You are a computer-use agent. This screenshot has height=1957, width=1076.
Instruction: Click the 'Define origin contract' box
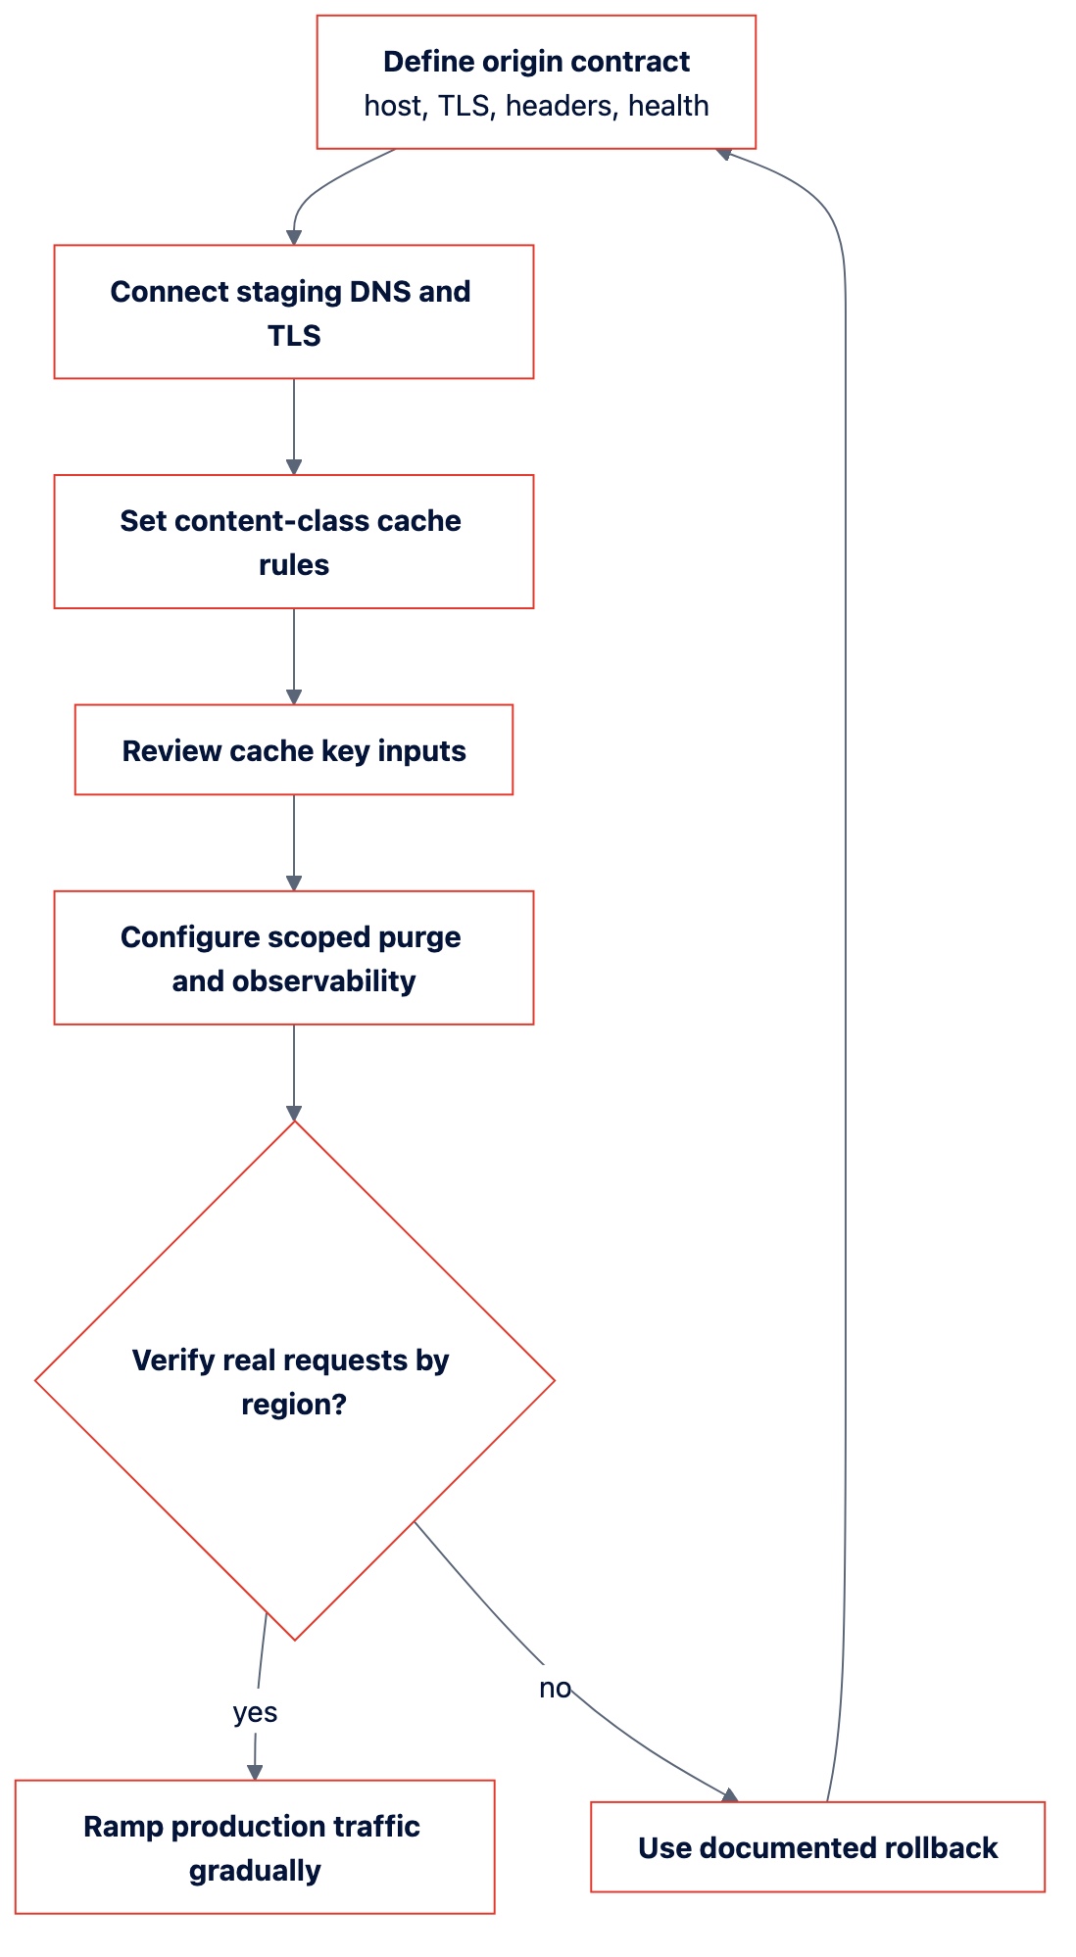[x=536, y=82]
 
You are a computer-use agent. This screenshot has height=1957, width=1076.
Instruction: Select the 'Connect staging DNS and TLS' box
[x=294, y=311]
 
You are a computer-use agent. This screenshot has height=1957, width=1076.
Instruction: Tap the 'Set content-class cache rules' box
[x=294, y=542]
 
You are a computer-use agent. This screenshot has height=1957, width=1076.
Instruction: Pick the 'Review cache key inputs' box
[x=294, y=749]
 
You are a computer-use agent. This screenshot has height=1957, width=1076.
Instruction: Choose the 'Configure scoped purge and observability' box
[x=294, y=958]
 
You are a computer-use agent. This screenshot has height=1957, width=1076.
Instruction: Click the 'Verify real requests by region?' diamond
[x=294, y=1380]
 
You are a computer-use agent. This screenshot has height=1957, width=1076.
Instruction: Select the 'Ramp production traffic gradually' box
[x=255, y=1847]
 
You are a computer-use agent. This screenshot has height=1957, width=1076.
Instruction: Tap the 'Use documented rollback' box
[x=817, y=1847]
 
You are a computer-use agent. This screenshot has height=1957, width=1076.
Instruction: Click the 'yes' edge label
[x=255, y=1712]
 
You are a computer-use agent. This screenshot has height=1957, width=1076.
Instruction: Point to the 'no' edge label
[x=555, y=1688]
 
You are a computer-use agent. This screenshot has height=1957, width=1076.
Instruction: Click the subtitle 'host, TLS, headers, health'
[x=536, y=106]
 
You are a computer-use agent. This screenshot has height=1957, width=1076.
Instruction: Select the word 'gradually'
[x=255, y=1871]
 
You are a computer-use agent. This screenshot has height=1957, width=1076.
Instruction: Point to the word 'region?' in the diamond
[x=294, y=1405]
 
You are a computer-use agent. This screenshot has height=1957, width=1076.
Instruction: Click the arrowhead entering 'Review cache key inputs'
[x=294, y=696]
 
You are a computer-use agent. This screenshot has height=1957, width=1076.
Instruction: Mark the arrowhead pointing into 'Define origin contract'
[x=724, y=153]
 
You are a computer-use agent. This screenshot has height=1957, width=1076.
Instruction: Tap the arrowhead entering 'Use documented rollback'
[x=729, y=1795]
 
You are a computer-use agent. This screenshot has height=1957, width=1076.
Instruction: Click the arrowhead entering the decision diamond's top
[x=294, y=1113]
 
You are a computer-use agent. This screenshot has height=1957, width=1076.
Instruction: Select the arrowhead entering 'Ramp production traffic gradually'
[x=255, y=1772]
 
